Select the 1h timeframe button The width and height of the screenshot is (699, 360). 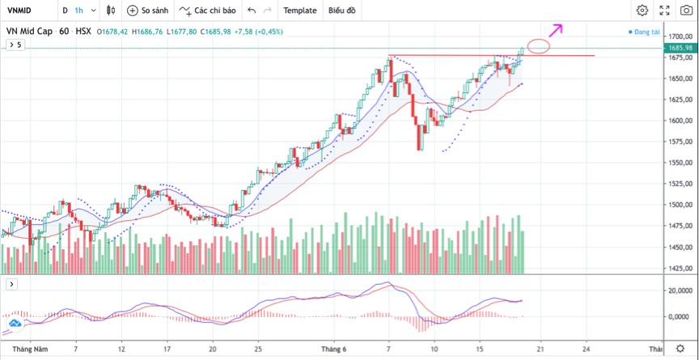[x=78, y=11]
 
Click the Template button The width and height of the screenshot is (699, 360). [x=299, y=11]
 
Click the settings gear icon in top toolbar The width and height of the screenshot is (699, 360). [x=642, y=11]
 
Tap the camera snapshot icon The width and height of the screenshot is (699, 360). [x=686, y=11]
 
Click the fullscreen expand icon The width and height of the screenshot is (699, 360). [x=664, y=11]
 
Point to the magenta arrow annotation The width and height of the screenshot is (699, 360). [x=555, y=31]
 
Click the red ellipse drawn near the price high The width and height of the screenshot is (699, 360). [x=538, y=46]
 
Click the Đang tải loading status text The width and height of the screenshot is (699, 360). [x=647, y=32]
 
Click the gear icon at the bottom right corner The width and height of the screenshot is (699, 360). [x=680, y=349]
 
